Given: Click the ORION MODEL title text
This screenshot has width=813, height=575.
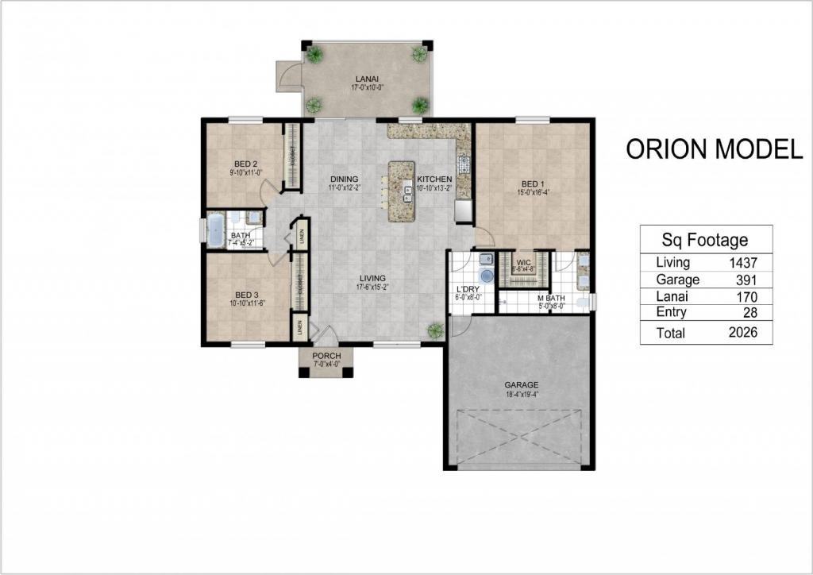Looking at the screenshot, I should click(x=714, y=149).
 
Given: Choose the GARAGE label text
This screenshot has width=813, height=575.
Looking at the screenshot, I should click(x=521, y=385).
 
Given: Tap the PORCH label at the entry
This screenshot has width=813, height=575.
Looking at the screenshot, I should click(x=326, y=356).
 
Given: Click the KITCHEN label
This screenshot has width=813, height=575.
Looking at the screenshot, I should click(x=434, y=179).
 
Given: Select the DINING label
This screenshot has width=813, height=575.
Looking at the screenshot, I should click(x=345, y=179).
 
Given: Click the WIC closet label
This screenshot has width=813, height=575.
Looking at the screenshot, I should click(x=523, y=261).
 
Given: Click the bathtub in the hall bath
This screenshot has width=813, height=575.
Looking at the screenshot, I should click(x=215, y=230).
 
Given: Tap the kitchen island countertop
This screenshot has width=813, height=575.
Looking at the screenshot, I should click(x=400, y=191).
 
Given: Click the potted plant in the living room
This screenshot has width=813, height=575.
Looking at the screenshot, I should click(x=434, y=330).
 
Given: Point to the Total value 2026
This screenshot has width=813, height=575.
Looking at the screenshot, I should click(x=738, y=333).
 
